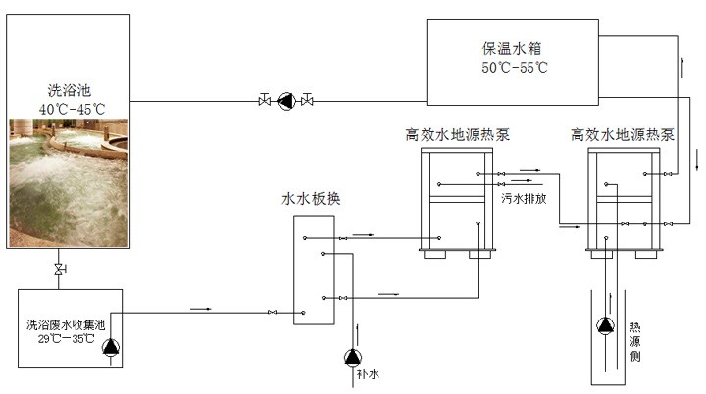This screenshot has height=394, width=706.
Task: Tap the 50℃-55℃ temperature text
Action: [514, 68]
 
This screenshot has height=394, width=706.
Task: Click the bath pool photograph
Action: [69, 181]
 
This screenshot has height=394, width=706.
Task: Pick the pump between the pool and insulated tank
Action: [286, 99]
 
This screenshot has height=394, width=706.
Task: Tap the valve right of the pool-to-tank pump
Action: [308, 99]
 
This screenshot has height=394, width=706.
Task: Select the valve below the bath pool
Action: [60, 269]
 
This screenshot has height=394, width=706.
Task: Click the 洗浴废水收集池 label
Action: [66, 324]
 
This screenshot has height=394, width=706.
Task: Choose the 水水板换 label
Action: [312, 199]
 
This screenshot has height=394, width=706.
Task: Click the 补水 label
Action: [369, 374]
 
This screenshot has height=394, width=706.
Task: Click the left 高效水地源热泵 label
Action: [458, 134]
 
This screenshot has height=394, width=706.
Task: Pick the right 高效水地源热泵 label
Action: [623, 134]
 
